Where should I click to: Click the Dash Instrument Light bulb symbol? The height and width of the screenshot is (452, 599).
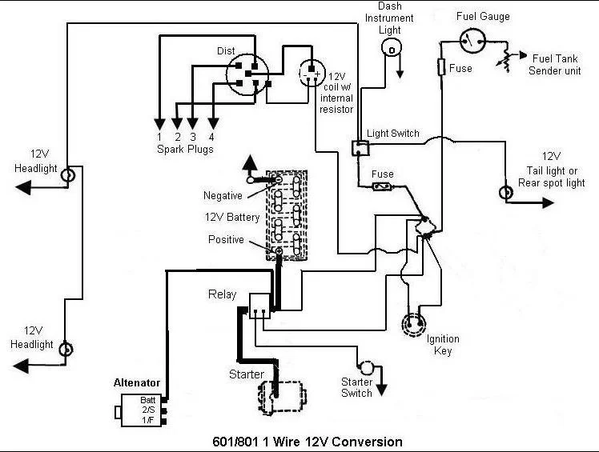391,49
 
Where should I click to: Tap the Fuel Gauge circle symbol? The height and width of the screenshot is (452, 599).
472,41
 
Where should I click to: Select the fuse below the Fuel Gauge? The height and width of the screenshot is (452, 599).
441,67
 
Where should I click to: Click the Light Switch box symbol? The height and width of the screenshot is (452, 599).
360,148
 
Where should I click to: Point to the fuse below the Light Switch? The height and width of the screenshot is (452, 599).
382,186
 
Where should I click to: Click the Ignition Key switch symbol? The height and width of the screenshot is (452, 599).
415,325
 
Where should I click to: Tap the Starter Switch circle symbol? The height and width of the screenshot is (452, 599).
367,367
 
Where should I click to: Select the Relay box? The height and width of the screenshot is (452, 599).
259,306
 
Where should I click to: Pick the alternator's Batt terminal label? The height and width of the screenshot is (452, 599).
147,400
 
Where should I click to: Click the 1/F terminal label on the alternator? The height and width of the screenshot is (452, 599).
148,420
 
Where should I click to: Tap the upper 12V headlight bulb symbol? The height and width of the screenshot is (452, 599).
67,176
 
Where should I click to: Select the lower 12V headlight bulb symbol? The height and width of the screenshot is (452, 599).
66,349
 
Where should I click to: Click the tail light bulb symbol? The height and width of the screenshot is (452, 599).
506,192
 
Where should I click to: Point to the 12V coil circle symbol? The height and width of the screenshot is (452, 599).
312,73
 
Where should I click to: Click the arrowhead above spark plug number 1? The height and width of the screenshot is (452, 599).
159,125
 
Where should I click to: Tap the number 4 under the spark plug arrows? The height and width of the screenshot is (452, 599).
211,137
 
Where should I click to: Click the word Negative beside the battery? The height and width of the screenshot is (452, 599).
223,195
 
